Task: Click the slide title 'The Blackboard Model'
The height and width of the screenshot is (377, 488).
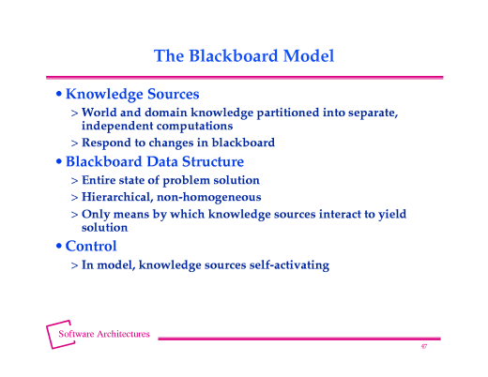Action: pos(244,55)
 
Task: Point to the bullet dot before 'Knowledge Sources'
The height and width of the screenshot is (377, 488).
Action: pos(59,96)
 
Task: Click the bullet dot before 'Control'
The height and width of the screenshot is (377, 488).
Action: pos(59,247)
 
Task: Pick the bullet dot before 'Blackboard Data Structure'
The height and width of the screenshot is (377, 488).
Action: pos(59,162)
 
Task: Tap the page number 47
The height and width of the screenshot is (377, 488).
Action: pos(424,347)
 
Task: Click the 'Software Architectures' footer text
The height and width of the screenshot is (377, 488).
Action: pos(104,334)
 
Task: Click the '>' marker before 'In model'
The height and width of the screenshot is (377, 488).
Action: pos(74,264)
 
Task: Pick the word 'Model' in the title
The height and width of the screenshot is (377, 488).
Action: pos(308,55)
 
